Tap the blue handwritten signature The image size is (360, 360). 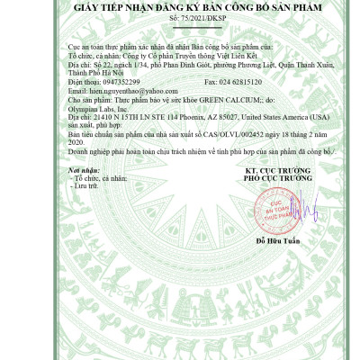302,208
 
